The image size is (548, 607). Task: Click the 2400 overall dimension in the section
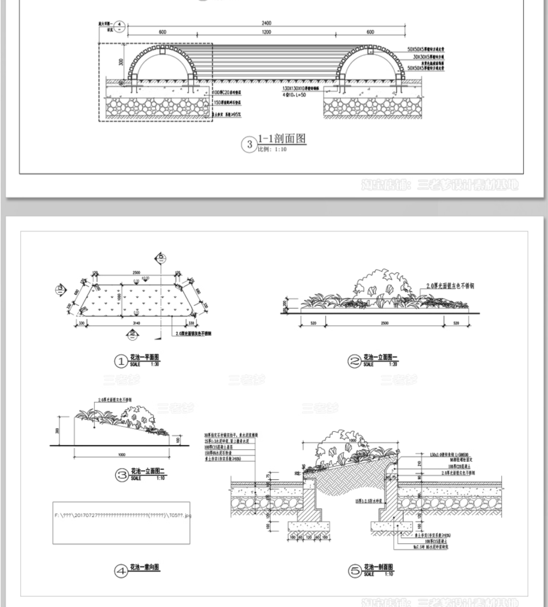tap(266, 23)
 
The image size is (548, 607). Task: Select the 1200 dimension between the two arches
tap(266, 32)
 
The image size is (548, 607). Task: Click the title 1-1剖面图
tap(282, 139)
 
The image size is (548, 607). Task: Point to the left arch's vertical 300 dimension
tap(120, 62)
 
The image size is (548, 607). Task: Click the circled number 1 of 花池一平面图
tap(121, 361)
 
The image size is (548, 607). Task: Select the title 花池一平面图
tap(145, 358)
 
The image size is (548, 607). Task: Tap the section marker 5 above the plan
tap(161, 258)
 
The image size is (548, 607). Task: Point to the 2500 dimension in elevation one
tap(385, 323)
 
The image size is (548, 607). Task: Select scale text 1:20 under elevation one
tap(393, 365)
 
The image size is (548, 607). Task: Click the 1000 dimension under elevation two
tap(122, 453)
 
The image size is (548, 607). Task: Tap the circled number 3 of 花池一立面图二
tap(121, 476)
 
